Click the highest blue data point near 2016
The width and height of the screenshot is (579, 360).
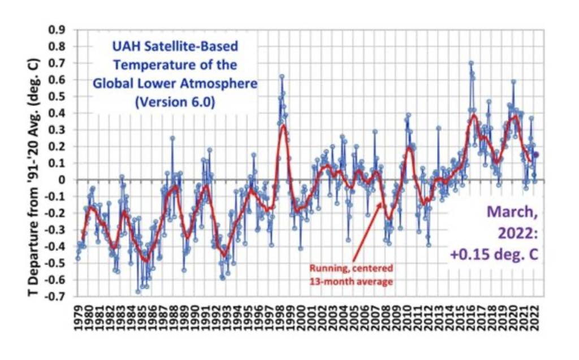coord(470,63)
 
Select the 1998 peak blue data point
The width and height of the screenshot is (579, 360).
coord(282,76)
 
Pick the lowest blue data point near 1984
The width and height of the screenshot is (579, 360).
coord(138,292)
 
